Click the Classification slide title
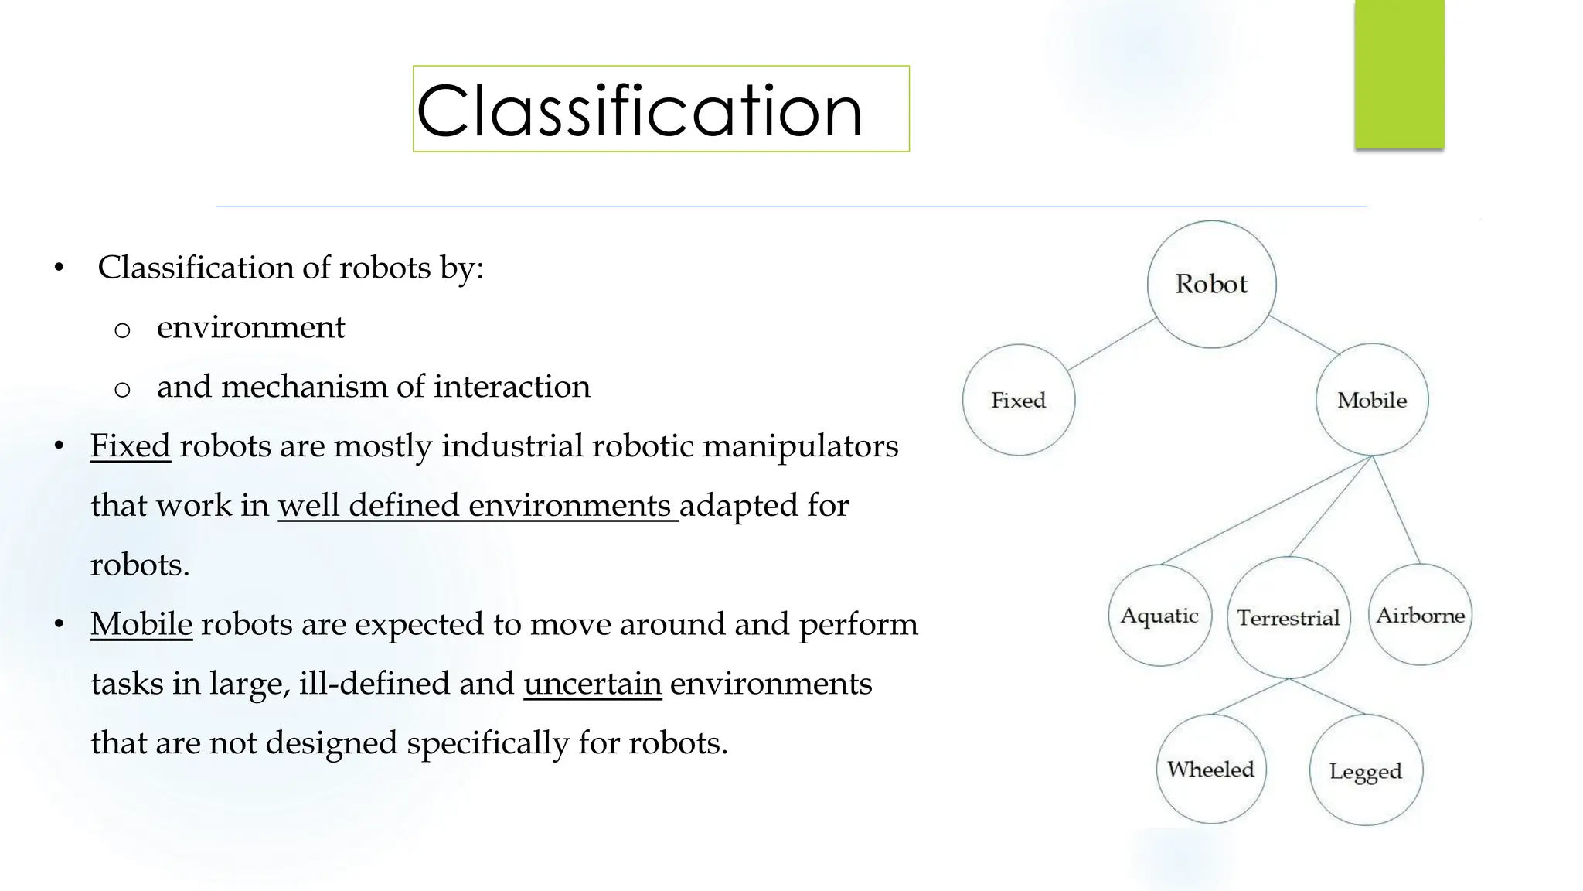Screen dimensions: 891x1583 coord(639,111)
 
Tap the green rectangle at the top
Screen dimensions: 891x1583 coord(1399,73)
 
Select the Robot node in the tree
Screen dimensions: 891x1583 coord(1211,284)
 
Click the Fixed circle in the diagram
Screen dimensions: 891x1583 coord(1018,400)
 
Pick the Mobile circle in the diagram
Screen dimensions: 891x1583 coord(1372,400)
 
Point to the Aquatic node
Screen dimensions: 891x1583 coord(1159,616)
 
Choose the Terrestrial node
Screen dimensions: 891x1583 coord(1288,617)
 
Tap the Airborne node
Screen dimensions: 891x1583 coord(1420,615)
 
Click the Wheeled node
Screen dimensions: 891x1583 coord(1210,769)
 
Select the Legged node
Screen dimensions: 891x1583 coord(1365,770)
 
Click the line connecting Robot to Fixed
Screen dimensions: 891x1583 coord(1112,344)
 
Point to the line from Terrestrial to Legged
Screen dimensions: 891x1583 coord(1328,696)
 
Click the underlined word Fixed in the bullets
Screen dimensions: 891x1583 coord(130,446)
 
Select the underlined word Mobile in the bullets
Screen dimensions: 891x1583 coord(141,624)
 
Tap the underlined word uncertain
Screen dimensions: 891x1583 coord(592,684)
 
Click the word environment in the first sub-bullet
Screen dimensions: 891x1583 coord(250,327)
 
